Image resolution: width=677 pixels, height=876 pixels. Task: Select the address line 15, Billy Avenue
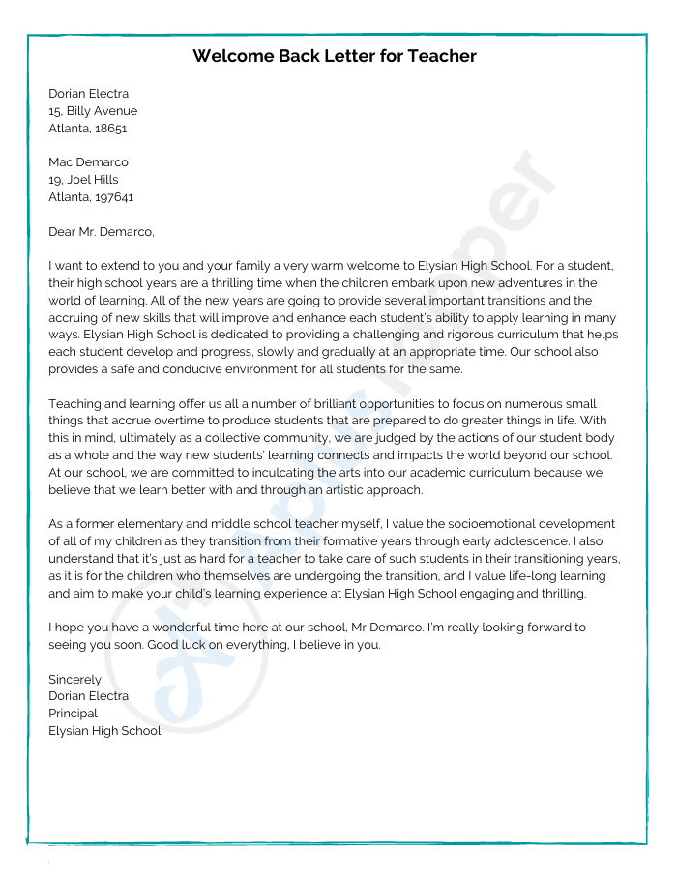point(93,111)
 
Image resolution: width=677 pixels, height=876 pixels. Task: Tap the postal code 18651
point(110,128)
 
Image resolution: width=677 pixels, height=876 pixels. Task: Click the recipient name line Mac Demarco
point(88,162)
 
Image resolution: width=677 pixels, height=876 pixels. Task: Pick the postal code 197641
point(114,197)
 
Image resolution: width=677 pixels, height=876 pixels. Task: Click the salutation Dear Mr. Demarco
point(101,231)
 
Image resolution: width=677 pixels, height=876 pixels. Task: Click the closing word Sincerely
point(75,679)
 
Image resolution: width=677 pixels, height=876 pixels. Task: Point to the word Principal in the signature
point(73,714)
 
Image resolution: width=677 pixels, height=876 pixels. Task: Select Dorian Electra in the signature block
point(88,696)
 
